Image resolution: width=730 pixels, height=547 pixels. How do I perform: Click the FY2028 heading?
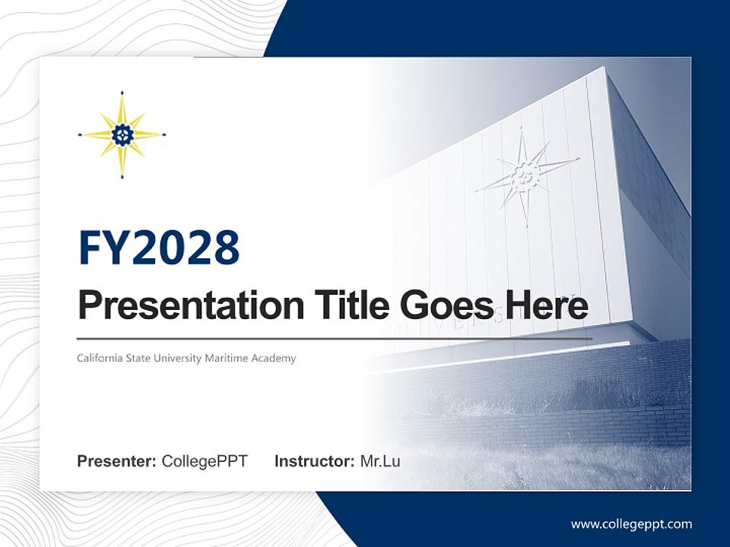pos(159,248)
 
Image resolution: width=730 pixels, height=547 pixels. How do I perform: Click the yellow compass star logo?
pos(122,135)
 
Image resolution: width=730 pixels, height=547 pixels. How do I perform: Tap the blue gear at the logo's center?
pos(122,135)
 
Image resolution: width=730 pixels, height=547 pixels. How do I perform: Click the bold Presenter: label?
pos(117,461)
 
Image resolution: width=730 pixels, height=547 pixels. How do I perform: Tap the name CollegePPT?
pos(205,461)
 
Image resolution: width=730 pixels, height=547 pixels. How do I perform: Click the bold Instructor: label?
pos(314,461)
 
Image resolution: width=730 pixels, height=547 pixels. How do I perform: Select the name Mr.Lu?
pos(380,461)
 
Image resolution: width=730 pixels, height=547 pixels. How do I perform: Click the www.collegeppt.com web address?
pos(631,524)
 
